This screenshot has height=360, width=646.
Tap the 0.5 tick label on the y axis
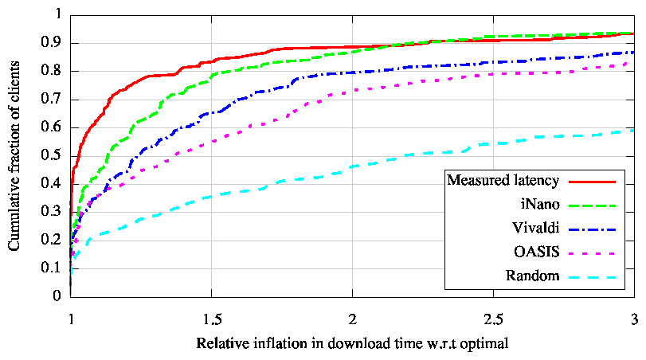click(x=53, y=155)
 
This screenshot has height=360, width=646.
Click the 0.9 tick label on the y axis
click(x=53, y=43)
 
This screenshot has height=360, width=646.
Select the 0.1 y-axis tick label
click(x=53, y=268)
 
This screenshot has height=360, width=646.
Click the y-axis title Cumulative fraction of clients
click(x=15, y=155)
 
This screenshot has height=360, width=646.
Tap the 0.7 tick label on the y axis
click(x=53, y=99)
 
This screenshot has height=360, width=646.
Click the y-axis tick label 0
click(x=57, y=296)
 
